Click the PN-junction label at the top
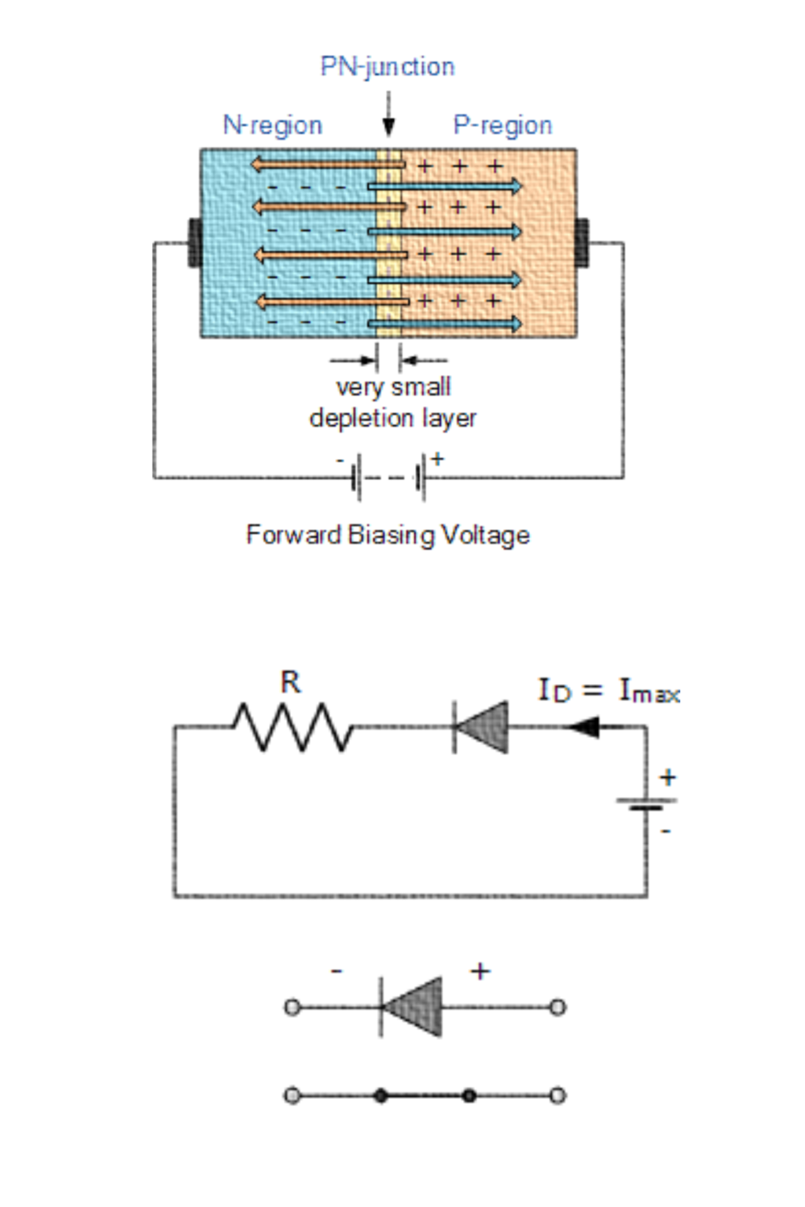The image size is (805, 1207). pos(387,67)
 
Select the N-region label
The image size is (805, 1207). pos(272,125)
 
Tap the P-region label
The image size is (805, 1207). pos(502,125)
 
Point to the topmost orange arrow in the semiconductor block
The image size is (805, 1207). pos(328,164)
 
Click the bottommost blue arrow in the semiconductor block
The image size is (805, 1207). pos(445,323)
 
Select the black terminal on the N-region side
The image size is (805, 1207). pos(194,243)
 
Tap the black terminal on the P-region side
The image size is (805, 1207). pos(583,243)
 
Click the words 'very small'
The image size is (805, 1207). pos(393,387)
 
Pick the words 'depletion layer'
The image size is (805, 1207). pos(393,418)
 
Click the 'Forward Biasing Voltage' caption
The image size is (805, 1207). pos(388,535)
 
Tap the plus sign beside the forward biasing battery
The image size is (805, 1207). pos(437,458)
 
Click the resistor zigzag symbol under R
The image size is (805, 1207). pos(292,727)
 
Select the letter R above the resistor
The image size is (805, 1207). pos(290,682)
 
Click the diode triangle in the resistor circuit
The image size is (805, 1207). pos(481,727)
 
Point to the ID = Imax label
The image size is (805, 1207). pos(608,691)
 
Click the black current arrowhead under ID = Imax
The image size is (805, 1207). pos(583,727)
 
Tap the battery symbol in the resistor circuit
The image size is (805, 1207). pos(646,804)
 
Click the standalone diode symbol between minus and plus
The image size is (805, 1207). pos(412,1007)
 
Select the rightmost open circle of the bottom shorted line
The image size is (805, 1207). pos(557,1095)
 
